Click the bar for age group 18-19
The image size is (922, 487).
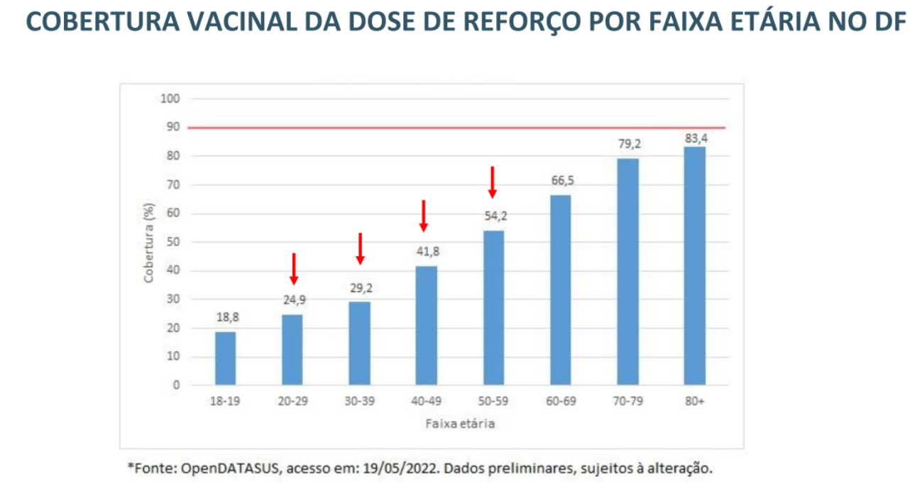point(226,359)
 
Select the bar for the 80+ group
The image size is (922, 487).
point(694,266)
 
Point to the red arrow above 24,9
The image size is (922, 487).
point(293,269)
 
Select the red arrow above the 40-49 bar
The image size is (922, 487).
point(424,216)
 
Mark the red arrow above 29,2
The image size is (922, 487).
point(360,248)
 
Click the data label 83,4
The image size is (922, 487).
point(696,138)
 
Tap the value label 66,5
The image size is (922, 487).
point(561,180)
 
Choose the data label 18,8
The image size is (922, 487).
point(227,317)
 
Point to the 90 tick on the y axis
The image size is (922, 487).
point(173,127)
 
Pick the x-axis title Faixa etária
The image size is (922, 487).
point(461,425)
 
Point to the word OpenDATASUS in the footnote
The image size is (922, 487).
point(222,469)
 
